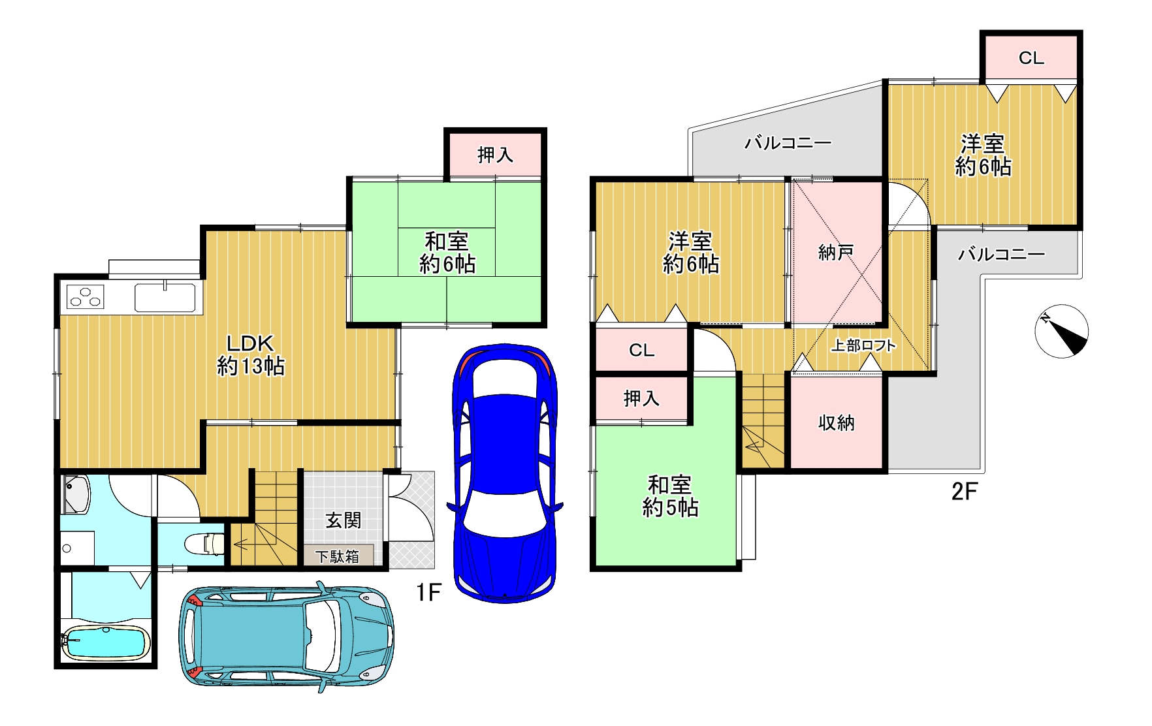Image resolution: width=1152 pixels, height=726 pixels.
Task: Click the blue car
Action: click(x=505, y=473)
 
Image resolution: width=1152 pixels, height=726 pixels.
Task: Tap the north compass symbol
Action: click(x=1062, y=331)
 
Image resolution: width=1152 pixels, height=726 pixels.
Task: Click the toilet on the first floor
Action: click(x=205, y=543)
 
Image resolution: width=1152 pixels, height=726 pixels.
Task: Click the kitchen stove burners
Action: click(x=86, y=298)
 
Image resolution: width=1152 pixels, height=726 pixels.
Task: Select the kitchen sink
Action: click(x=165, y=298)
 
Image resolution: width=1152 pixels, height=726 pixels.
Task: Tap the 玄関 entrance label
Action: click(x=344, y=520)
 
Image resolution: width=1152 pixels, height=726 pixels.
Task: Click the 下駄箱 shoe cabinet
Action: click(x=338, y=556)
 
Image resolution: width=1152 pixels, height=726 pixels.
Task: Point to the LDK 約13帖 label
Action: click(x=251, y=355)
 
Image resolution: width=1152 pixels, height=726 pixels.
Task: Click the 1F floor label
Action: click(x=429, y=592)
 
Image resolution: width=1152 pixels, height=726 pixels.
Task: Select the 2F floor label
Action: click(x=964, y=491)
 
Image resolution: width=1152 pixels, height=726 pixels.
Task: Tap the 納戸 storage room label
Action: click(x=836, y=252)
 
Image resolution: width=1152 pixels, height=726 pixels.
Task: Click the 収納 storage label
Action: click(x=837, y=423)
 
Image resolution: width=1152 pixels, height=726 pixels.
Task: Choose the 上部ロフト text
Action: click(x=863, y=345)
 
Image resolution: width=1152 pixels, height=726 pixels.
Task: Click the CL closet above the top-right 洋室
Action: click(x=1031, y=57)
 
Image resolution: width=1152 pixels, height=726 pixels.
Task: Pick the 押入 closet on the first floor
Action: click(x=495, y=155)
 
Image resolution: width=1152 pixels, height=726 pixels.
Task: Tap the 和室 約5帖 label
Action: click(x=671, y=496)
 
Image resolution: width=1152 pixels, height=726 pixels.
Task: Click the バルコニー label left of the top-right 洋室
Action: click(x=788, y=142)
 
